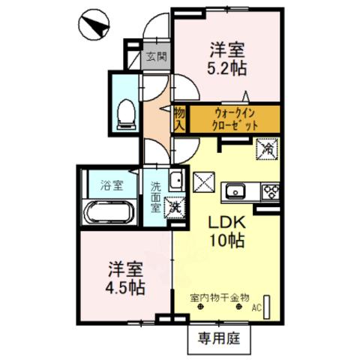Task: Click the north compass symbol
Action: [94, 24]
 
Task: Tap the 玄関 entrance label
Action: [156, 57]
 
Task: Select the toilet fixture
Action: [127, 115]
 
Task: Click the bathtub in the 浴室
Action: [107, 213]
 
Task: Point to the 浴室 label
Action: [112, 185]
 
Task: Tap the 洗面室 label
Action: [155, 196]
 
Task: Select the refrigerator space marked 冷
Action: [267, 149]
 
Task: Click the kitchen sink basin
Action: [235, 192]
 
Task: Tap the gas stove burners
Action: [270, 192]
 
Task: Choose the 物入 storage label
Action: [179, 119]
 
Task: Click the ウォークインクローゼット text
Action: [234, 119]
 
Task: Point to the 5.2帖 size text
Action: [226, 68]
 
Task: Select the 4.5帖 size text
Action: [125, 287]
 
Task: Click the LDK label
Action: [227, 223]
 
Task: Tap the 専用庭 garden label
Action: [219, 338]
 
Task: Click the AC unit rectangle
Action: [267, 307]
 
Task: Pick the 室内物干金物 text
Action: [220, 298]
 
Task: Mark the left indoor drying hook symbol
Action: [200, 307]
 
